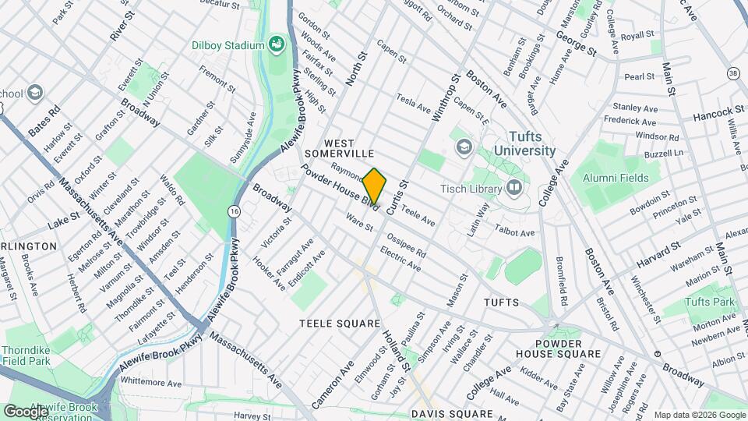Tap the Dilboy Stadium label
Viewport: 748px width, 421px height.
coord(228,45)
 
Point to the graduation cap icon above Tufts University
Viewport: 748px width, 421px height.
coord(464,146)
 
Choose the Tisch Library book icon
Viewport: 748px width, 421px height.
coord(513,186)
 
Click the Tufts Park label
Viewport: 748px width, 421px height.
coord(710,302)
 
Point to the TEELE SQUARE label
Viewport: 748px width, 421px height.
coord(340,322)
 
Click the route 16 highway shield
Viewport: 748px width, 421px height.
coord(234,211)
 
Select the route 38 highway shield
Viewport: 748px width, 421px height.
coord(732,73)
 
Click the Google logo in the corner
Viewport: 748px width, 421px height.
coord(26,411)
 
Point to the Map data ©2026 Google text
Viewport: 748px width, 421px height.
coord(699,415)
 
